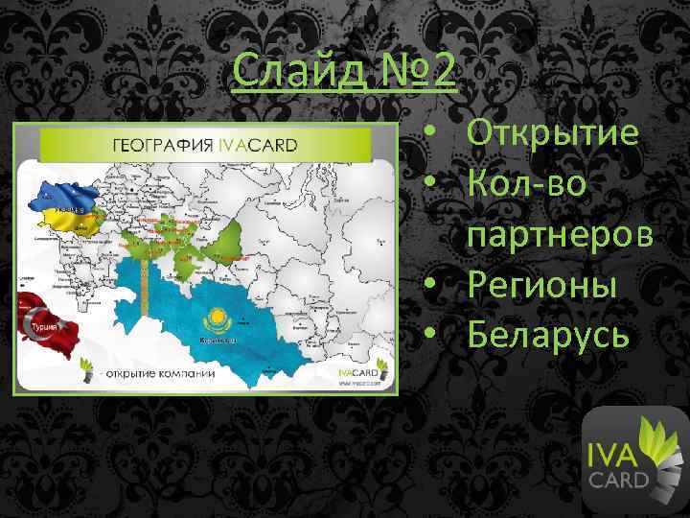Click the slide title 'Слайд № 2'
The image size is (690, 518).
tap(346, 72)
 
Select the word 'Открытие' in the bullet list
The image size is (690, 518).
tap(552, 133)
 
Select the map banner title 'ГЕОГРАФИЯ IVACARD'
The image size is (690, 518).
tap(206, 145)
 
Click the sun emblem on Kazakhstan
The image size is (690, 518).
tap(214, 318)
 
